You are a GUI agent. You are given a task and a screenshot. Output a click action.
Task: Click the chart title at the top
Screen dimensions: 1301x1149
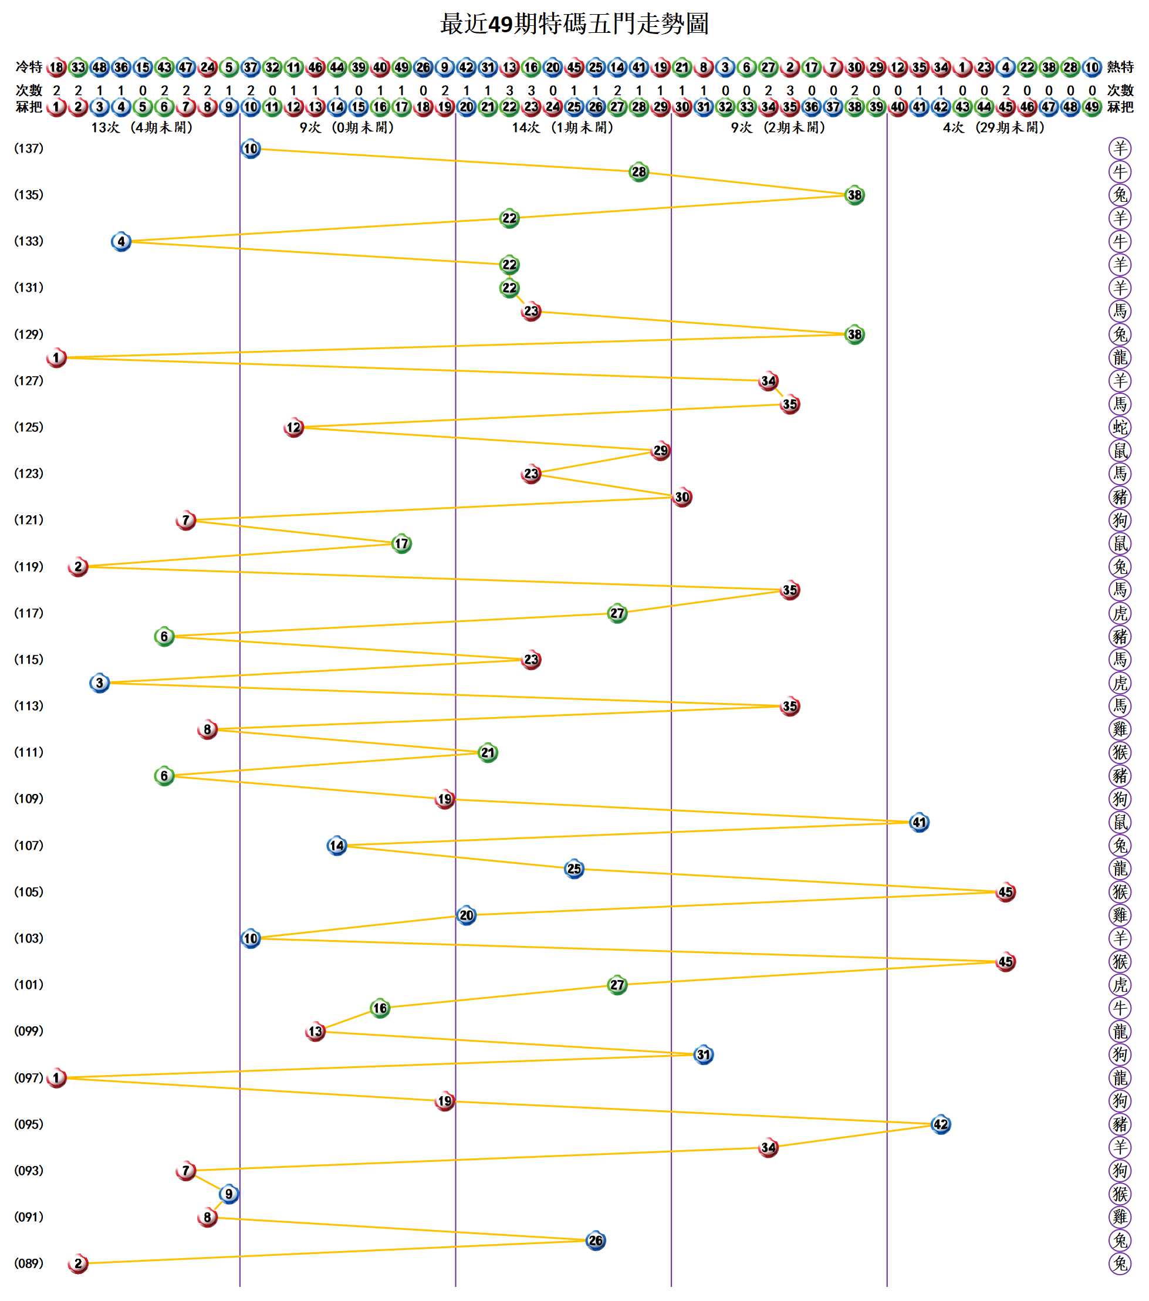574,24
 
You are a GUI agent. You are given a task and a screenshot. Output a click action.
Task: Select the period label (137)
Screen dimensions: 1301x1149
29,148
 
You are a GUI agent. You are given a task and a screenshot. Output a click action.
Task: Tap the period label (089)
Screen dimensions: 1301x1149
29,1263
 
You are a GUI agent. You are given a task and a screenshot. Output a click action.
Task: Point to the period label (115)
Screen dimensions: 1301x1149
29,660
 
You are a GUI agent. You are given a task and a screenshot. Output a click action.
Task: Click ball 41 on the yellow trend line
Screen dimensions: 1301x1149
918,822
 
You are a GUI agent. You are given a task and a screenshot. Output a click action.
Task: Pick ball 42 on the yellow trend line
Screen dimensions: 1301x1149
940,1124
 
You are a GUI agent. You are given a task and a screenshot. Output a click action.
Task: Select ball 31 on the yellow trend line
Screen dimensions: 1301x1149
703,1055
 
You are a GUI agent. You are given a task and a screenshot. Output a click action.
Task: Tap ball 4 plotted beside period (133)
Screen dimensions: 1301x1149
121,241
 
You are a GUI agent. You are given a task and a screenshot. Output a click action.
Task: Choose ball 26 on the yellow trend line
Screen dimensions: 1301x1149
595,1240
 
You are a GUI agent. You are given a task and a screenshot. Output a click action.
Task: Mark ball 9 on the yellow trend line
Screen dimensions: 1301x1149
228,1194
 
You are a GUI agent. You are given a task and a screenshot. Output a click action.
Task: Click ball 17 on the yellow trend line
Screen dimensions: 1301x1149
401,543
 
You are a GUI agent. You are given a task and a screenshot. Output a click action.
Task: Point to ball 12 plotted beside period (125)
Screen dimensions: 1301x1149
293,427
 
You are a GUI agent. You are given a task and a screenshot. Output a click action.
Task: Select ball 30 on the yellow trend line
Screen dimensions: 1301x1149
682,497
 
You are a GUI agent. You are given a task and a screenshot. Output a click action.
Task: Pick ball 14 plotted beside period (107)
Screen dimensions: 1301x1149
337,845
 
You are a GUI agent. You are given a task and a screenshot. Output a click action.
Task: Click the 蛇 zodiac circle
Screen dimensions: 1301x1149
1120,427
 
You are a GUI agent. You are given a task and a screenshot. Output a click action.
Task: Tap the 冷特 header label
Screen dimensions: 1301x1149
29,67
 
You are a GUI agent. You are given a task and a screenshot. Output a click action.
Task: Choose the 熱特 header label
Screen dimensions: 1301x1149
1120,67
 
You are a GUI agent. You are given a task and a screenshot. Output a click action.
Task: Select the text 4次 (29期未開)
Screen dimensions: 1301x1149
993,127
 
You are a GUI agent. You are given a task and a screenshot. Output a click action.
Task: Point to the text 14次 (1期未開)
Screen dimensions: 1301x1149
563,127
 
